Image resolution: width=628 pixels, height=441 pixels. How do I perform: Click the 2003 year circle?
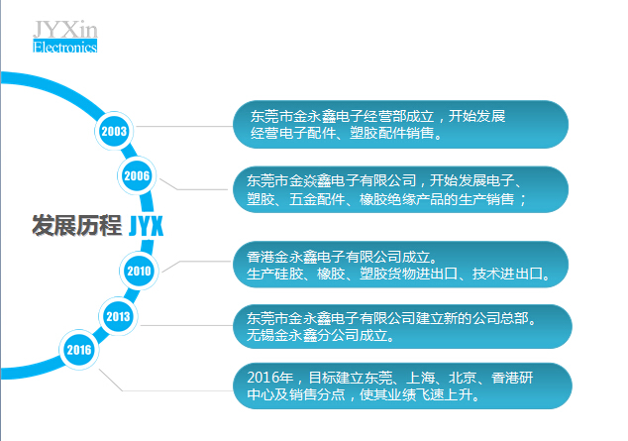pos(114,131)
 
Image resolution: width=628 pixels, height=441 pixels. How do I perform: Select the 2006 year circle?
pos(137,175)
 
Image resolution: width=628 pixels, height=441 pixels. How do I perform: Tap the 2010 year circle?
pos(139,271)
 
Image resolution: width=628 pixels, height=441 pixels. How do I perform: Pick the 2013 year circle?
pos(118,316)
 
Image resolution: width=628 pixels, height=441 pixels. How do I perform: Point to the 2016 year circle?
pos(79,350)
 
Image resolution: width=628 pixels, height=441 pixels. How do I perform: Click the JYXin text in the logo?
pos(65,30)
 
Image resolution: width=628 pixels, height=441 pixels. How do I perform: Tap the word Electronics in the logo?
pos(65,47)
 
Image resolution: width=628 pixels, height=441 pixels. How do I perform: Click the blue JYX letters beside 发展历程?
pos(147,226)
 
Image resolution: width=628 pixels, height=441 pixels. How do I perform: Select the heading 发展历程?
pos(77,225)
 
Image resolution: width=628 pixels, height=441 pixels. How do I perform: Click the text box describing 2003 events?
pos(400,125)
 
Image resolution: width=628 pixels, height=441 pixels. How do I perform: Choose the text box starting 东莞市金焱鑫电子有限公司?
pos(400,189)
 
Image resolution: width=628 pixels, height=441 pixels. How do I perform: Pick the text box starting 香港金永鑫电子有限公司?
pos(400,265)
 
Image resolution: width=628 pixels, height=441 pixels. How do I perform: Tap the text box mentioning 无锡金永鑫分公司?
pos(402,326)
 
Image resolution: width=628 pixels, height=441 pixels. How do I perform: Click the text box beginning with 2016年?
pos(402,386)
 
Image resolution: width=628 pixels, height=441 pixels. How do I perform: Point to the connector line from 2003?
pos(183,126)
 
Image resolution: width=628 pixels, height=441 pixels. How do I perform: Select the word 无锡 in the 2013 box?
pos(261,335)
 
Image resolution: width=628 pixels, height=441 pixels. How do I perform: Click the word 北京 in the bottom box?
pos(463,378)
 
